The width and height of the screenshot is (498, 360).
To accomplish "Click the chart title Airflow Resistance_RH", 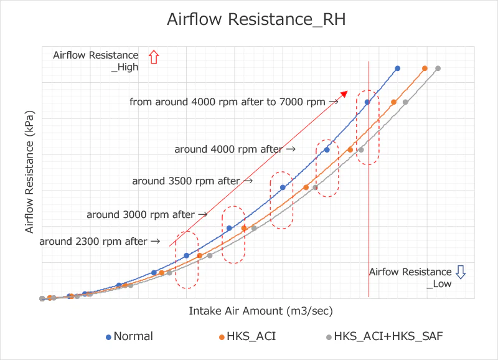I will [x=256, y=19].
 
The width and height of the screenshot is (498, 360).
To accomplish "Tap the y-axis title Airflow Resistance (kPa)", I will [x=29, y=173].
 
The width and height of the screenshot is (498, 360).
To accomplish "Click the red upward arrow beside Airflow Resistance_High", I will [x=154, y=57].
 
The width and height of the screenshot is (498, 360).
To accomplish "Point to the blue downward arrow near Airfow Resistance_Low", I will [x=461, y=272].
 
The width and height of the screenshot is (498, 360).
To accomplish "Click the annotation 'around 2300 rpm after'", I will [x=93, y=241].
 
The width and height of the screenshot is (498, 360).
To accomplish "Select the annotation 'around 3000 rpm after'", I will [x=141, y=214].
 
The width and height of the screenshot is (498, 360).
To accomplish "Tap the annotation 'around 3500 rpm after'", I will [x=186, y=181].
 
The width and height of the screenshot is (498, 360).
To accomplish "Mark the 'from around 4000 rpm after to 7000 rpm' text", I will [x=227, y=101].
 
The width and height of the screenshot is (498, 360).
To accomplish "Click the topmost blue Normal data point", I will [x=397, y=69].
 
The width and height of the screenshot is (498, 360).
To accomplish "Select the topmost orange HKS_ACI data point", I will [x=425, y=69].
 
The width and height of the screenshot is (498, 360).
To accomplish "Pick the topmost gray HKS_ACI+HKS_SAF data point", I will [x=438, y=69].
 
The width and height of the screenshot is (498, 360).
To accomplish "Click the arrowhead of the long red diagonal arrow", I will [x=343, y=93].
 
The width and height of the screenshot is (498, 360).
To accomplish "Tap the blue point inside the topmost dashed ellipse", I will [x=367, y=102].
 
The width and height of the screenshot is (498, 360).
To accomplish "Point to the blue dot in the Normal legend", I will [x=108, y=337].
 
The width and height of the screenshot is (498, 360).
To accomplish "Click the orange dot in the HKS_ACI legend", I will [x=221, y=337].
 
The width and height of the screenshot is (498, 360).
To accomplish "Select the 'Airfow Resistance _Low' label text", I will [x=410, y=278].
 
